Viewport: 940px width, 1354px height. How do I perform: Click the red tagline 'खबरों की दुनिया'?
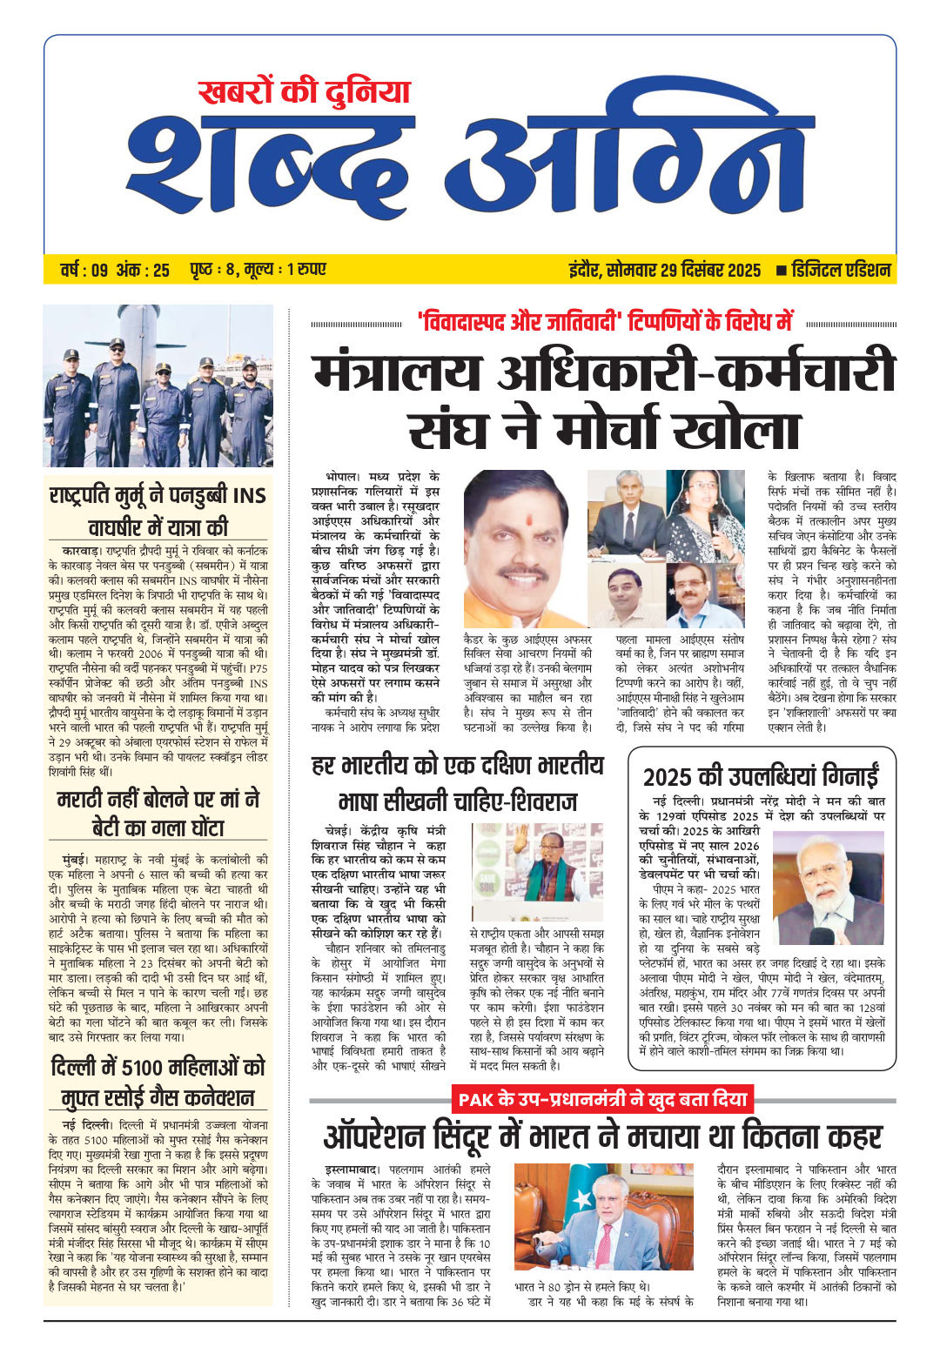point(303,93)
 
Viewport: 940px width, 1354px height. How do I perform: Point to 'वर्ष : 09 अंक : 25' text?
point(115,271)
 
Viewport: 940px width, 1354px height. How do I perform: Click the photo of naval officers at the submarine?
point(158,385)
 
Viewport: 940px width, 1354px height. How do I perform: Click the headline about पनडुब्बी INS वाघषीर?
point(158,511)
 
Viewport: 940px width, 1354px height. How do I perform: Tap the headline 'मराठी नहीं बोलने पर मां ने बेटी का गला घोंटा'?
point(158,813)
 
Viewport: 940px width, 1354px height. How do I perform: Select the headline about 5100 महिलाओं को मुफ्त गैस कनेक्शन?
point(158,1082)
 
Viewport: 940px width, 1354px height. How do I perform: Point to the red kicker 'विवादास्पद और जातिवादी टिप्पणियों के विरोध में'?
point(604,323)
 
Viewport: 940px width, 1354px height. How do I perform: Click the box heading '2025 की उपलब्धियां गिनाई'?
point(760,776)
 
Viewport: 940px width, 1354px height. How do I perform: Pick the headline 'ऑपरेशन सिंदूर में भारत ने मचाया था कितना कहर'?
point(602,1136)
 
